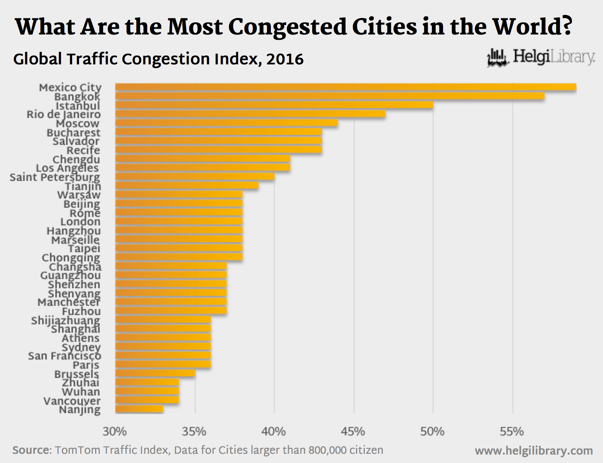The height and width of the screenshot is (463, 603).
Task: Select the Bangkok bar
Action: tap(330, 96)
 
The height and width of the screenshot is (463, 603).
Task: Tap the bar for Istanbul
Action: tap(274, 105)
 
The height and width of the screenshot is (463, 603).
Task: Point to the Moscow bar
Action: tap(226, 123)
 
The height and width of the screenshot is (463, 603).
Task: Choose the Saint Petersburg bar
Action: tap(194, 177)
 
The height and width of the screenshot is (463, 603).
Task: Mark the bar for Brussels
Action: tap(155, 373)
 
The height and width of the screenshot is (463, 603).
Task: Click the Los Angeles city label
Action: tap(67, 168)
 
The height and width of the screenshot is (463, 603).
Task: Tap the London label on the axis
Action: tap(80, 222)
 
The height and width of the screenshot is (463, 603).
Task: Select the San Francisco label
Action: tap(64, 356)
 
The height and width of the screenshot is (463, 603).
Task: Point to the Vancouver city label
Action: tap(72, 401)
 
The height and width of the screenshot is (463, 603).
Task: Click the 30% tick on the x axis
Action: tap(115, 432)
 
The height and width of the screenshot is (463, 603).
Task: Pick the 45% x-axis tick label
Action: tap(353, 432)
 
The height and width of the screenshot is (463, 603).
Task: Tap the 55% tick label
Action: tap(512, 432)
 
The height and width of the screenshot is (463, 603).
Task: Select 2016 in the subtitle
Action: tap(285, 59)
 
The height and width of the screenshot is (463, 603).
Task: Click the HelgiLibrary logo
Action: tap(541, 57)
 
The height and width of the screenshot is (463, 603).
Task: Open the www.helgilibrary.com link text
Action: tap(534, 451)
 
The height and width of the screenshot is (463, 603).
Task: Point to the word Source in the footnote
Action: tap(31, 450)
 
